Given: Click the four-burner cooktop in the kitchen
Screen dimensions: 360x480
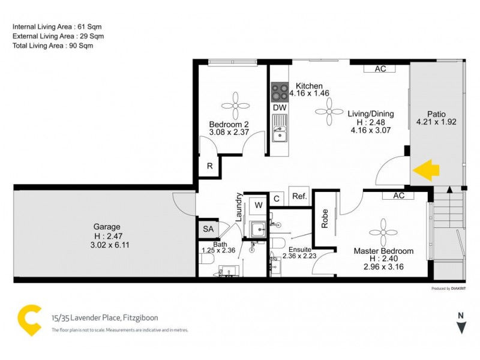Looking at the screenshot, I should click(x=279, y=92).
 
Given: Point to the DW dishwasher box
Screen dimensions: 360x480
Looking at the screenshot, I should click(x=279, y=107).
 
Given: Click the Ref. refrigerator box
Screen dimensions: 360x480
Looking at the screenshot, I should click(x=298, y=197).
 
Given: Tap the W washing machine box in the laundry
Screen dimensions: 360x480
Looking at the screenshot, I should click(x=257, y=205).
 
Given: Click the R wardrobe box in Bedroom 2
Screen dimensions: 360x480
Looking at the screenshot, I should click(x=209, y=167).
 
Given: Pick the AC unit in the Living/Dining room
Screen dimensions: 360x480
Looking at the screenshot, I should click(x=380, y=68).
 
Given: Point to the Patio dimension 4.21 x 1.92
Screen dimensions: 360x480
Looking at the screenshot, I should click(x=436, y=122).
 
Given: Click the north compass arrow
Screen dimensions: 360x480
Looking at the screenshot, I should click(x=461, y=327).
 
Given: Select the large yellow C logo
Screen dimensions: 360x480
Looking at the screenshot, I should click(x=29, y=320).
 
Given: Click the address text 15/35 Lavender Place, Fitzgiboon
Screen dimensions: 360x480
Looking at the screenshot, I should click(x=105, y=318).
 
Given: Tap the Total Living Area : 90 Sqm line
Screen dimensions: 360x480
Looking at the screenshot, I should click(x=53, y=45).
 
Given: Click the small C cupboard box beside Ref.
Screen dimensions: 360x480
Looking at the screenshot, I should click(x=277, y=199).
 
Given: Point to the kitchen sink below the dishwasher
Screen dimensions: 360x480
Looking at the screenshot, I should click(x=279, y=129).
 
